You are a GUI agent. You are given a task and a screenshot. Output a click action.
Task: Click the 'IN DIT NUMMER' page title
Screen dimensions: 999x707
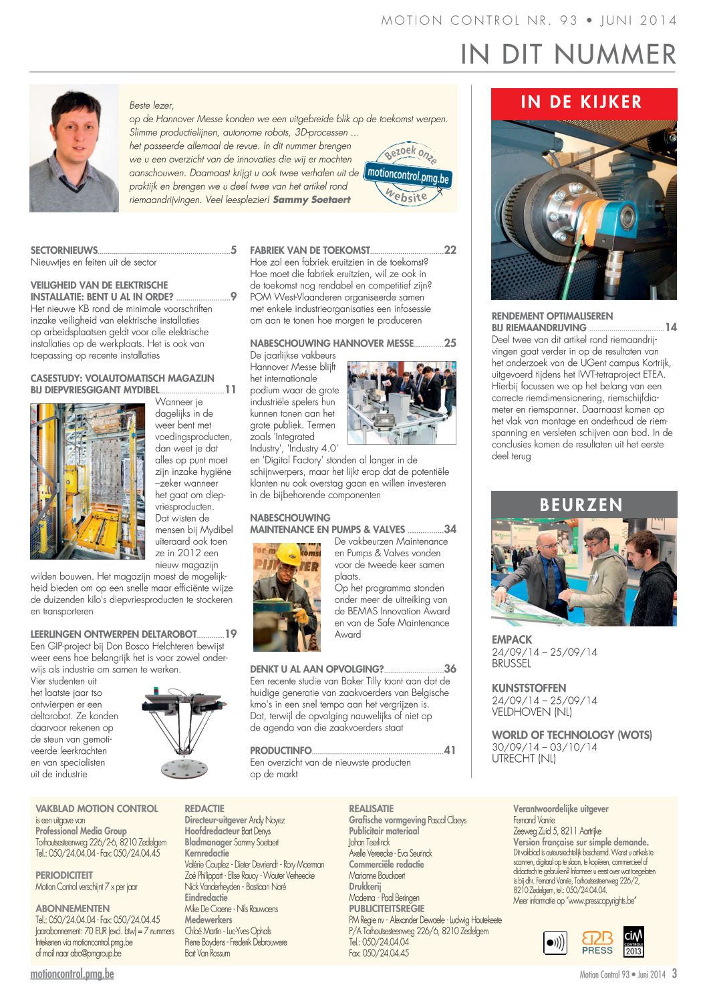click(568, 54)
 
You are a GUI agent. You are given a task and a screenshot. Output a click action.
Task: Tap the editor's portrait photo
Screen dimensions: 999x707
click(74, 148)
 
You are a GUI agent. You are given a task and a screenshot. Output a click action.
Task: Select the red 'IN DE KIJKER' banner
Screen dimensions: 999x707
click(583, 103)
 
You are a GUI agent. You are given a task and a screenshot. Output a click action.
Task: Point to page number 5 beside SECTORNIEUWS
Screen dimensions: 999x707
click(233, 250)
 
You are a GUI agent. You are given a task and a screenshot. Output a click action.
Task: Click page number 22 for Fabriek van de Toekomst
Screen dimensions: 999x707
click(450, 250)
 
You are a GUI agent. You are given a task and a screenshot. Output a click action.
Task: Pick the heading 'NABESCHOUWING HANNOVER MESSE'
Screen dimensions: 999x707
click(331, 343)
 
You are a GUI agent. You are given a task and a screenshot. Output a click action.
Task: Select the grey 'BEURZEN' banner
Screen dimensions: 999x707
click(583, 504)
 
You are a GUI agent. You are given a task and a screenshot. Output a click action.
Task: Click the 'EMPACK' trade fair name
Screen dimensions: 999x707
click(512, 640)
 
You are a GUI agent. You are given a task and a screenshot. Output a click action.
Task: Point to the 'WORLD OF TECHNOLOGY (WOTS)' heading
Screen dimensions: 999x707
click(571, 735)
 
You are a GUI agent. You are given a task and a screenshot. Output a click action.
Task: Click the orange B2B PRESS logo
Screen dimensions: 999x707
click(597, 942)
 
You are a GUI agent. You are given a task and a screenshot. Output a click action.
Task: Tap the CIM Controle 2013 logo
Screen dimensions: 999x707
click(633, 942)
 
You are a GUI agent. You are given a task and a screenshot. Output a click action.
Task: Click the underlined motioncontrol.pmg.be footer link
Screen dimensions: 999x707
click(72, 974)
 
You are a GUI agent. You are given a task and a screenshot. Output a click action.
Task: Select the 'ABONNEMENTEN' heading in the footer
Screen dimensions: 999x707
click(73, 909)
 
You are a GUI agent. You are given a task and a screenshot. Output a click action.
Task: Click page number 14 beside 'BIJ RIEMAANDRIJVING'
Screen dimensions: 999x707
click(671, 327)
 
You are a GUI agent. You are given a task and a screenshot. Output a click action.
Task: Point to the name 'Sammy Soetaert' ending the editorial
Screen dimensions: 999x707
click(311, 200)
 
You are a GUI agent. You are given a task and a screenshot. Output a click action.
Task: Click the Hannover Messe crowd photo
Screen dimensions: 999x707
click(402, 403)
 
